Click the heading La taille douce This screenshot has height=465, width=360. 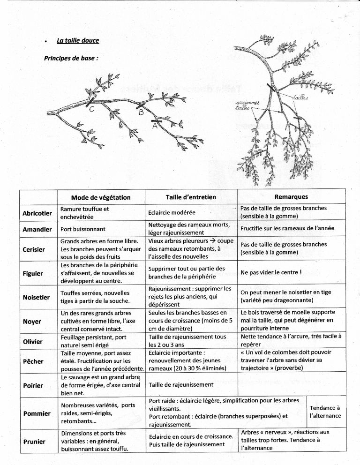click(78, 41)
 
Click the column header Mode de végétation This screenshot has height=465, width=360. click(101, 197)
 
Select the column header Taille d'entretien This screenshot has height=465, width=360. click(191, 197)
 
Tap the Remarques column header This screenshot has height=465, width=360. click(291, 197)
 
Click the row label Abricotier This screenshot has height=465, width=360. click(37, 213)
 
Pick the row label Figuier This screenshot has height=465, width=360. click(33, 273)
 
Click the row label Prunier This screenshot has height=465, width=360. click(34, 441)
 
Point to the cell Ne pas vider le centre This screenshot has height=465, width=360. click(270, 272)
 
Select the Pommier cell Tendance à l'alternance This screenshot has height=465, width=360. click(325, 412)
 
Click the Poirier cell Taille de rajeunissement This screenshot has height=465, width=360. click(180, 385)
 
